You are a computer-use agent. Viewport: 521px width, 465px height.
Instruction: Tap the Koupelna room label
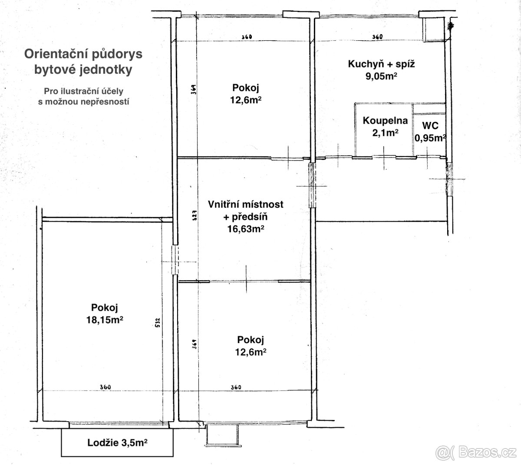pyautogui.click(x=385, y=121)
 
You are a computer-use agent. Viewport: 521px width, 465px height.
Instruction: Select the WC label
pyautogui.click(x=430, y=126)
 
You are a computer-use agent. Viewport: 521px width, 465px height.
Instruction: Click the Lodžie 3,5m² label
pyautogui.click(x=117, y=442)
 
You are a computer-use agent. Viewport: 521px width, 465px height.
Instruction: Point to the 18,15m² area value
pyautogui.click(x=105, y=320)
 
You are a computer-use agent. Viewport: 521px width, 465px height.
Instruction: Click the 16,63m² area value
pyautogui.click(x=246, y=229)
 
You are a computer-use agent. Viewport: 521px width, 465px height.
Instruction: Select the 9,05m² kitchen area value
pyautogui.click(x=381, y=76)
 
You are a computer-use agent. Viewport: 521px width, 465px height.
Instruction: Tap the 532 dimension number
pyautogui.click(x=158, y=322)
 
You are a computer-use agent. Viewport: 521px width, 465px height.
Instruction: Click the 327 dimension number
pyautogui.click(x=195, y=216)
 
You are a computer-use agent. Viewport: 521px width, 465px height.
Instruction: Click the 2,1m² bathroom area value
pyautogui.click(x=385, y=133)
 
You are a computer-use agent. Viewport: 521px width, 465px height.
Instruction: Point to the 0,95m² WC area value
pyautogui.click(x=430, y=138)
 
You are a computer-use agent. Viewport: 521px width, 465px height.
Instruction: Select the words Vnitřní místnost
pyautogui.click(x=246, y=204)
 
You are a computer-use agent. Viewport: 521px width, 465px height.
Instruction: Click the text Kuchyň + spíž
pyautogui.click(x=381, y=64)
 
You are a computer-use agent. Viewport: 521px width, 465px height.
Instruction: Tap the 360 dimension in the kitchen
pyautogui.click(x=377, y=37)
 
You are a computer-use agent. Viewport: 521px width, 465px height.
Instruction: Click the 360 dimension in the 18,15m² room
pyautogui.click(x=106, y=387)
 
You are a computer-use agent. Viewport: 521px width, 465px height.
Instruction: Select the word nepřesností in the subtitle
pyautogui.click(x=105, y=102)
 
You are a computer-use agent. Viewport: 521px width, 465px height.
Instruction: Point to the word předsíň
pyautogui.click(x=250, y=217)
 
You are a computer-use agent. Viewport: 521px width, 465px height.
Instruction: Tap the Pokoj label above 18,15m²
pyautogui.click(x=105, y=308)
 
